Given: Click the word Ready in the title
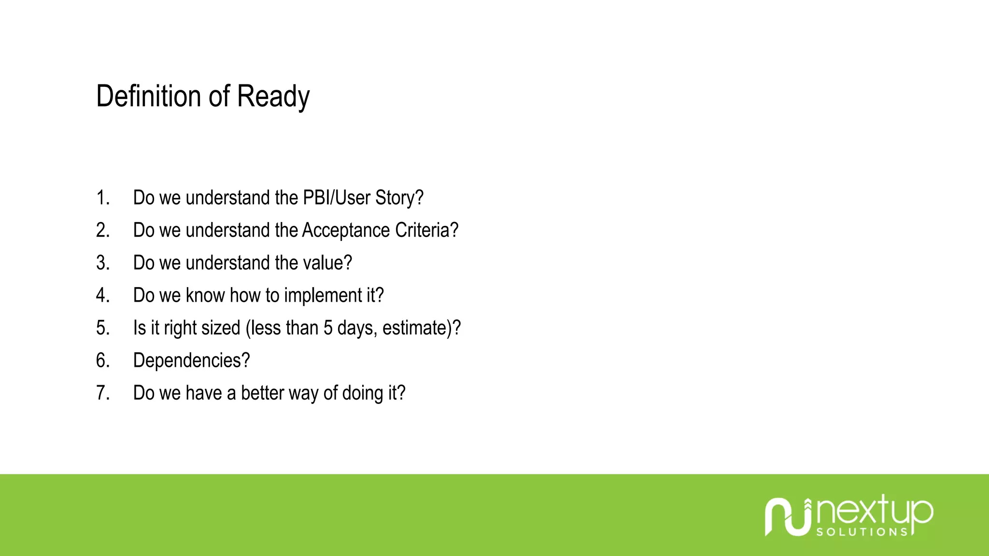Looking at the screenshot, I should [x=273, y=97].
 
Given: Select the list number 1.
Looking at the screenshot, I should [x=102, y=198].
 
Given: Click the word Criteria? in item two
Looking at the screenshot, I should [x=426, y=230].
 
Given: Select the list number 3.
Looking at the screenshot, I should [x=102, y=263].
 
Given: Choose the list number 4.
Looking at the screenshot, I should [x=102, y=295].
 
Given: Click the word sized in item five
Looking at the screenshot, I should [x=221, y=328].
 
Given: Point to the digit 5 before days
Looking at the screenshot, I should [x=328, y=328].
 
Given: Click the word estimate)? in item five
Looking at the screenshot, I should [x=422, y=328].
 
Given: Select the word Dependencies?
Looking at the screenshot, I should [x=191, y=361].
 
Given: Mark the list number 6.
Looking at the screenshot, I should [x=102, y=361].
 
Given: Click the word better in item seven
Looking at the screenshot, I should [x=262, y=393].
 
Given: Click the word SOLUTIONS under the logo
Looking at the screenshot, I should [x=862, y=532].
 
